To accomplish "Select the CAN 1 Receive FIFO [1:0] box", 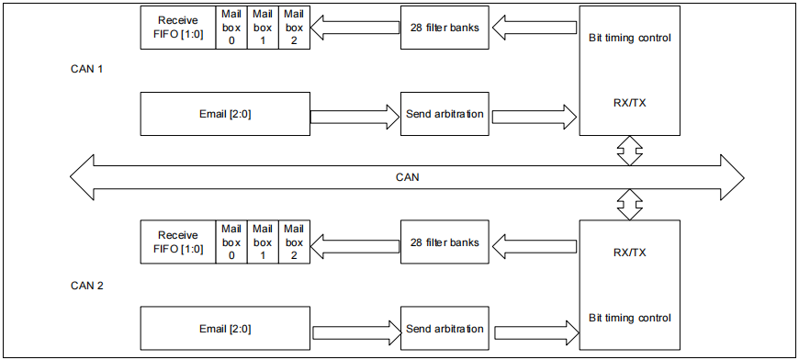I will [177, 27].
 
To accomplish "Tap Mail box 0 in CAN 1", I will [231, 27].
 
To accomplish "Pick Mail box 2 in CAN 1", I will [292, 27].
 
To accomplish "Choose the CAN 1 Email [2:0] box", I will [224, 114].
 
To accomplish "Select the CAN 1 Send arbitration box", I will [445, 115].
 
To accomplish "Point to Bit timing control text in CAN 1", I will [629, 39].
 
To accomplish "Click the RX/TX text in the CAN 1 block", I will [629, 103].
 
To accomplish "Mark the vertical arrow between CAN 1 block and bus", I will [629, 150].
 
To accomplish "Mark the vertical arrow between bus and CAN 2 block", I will [629, 205].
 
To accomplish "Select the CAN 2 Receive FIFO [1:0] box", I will [177, 242].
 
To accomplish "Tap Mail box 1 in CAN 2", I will [262, 242].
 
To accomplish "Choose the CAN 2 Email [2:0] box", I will [224, 329].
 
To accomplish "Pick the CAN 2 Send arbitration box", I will [445, 329].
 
